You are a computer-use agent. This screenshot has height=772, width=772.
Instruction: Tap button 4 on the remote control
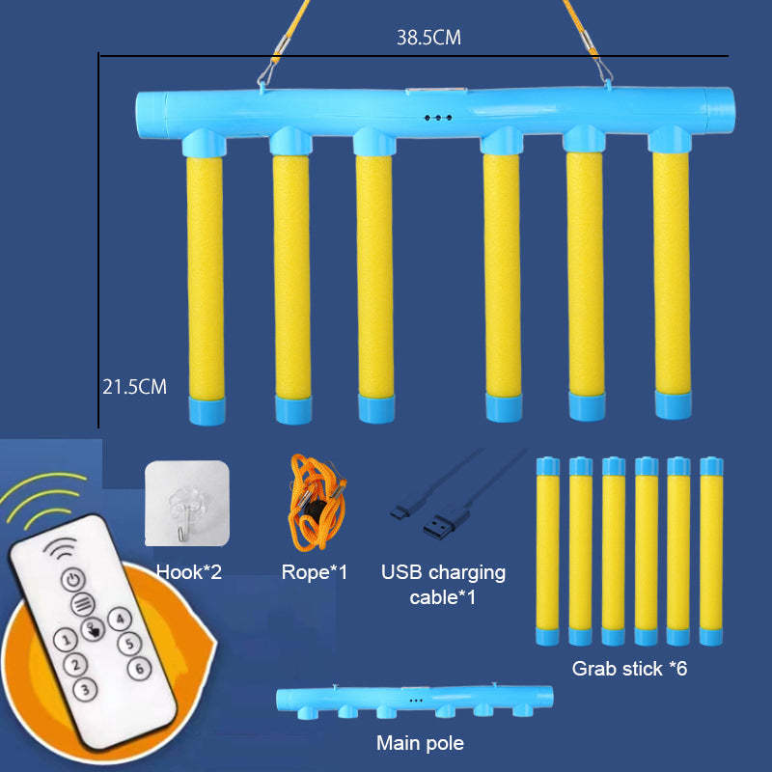tap(119, 620)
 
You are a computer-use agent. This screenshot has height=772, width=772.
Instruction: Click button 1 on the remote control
tap(64, 639)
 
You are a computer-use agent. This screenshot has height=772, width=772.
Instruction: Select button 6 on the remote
tap(139, 667)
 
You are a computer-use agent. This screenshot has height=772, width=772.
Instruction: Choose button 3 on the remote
tap(86, 689)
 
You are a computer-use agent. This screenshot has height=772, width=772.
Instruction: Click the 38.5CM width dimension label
tap(428, 39)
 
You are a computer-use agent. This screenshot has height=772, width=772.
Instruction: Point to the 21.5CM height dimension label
tap(134, 387)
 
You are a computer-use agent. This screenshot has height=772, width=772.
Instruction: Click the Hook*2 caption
tap(189, 572)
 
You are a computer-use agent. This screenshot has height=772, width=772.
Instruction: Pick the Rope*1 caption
tap(315, 572)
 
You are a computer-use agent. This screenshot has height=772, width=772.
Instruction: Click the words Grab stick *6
tap(629, 667)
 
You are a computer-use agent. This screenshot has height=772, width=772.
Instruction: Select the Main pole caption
tap(420, 743)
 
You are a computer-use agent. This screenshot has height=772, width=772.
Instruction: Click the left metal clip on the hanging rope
tap(266, 69)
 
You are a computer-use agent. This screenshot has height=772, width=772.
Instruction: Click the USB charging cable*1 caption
tap(444, 584)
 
